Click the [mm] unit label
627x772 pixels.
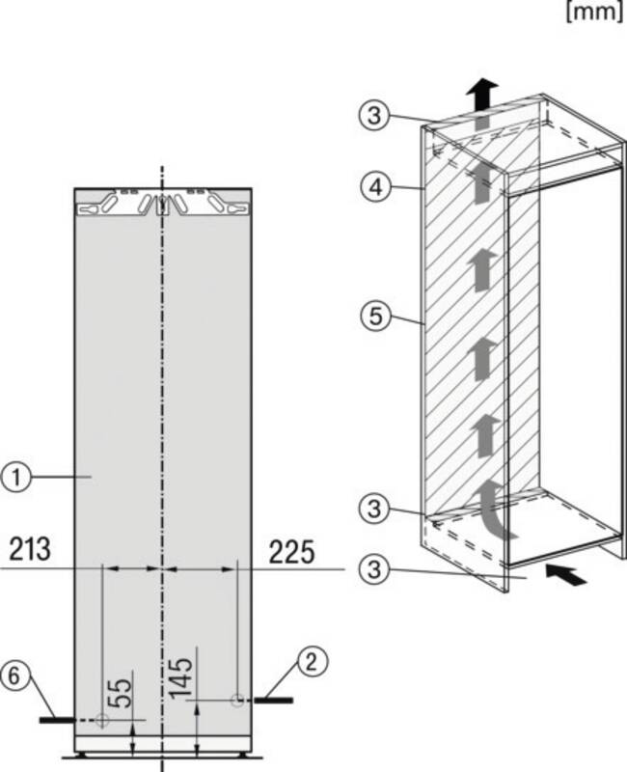tap(594, 12)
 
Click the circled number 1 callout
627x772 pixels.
tap(16, 477)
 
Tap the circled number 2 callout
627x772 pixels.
tap(311, 662)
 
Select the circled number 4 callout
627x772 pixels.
tap(375, 187)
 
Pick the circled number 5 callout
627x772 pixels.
tap(375, 316)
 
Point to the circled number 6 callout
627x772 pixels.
tap(14, 675)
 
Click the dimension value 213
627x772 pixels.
tap(30, 549)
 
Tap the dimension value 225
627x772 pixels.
tap(291, 551)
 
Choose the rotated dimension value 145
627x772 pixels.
tap(180, 678)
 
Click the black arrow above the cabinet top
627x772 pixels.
tap(482, 96)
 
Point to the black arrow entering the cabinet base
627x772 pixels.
tap(566, 574)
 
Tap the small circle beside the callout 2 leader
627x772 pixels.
tap(237, 699)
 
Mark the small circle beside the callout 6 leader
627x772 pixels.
tap(102, 720)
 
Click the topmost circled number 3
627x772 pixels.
tap(374, 116)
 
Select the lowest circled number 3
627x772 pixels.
tap(374, 569)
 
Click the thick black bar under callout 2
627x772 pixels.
tap(274, 700)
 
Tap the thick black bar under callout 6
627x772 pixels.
tap(58, 720)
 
